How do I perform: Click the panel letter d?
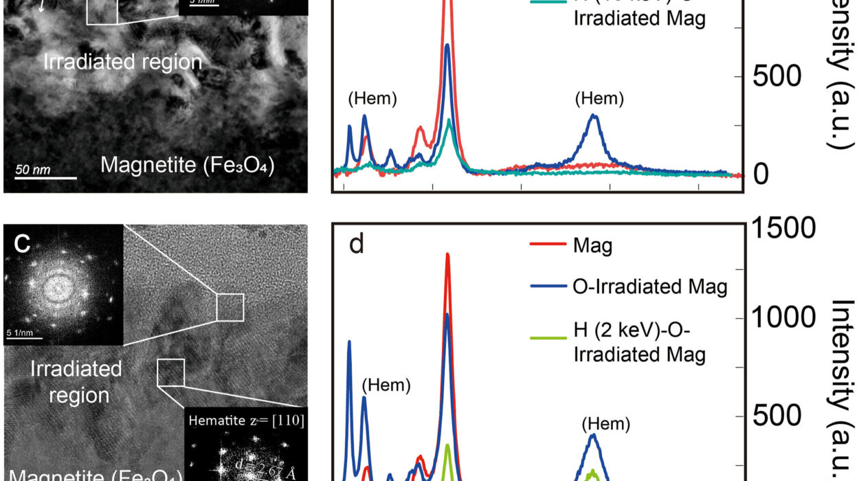click(x=356, y=245)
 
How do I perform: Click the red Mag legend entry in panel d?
click(x=592, y=245)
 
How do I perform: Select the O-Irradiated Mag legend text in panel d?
click(x=649, y=285)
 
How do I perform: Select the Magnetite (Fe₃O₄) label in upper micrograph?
click(x=187, y=165)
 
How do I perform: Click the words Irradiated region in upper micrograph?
click(x=122, y=62)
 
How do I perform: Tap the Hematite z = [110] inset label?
click(x=245, y=418)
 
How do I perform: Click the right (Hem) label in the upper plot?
click(x=599, y=99)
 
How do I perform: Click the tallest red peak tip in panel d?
click(x=447, y=254)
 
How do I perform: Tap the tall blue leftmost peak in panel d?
click(x=349, y=342)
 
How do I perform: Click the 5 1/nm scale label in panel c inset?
click(x=20, y=333)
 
